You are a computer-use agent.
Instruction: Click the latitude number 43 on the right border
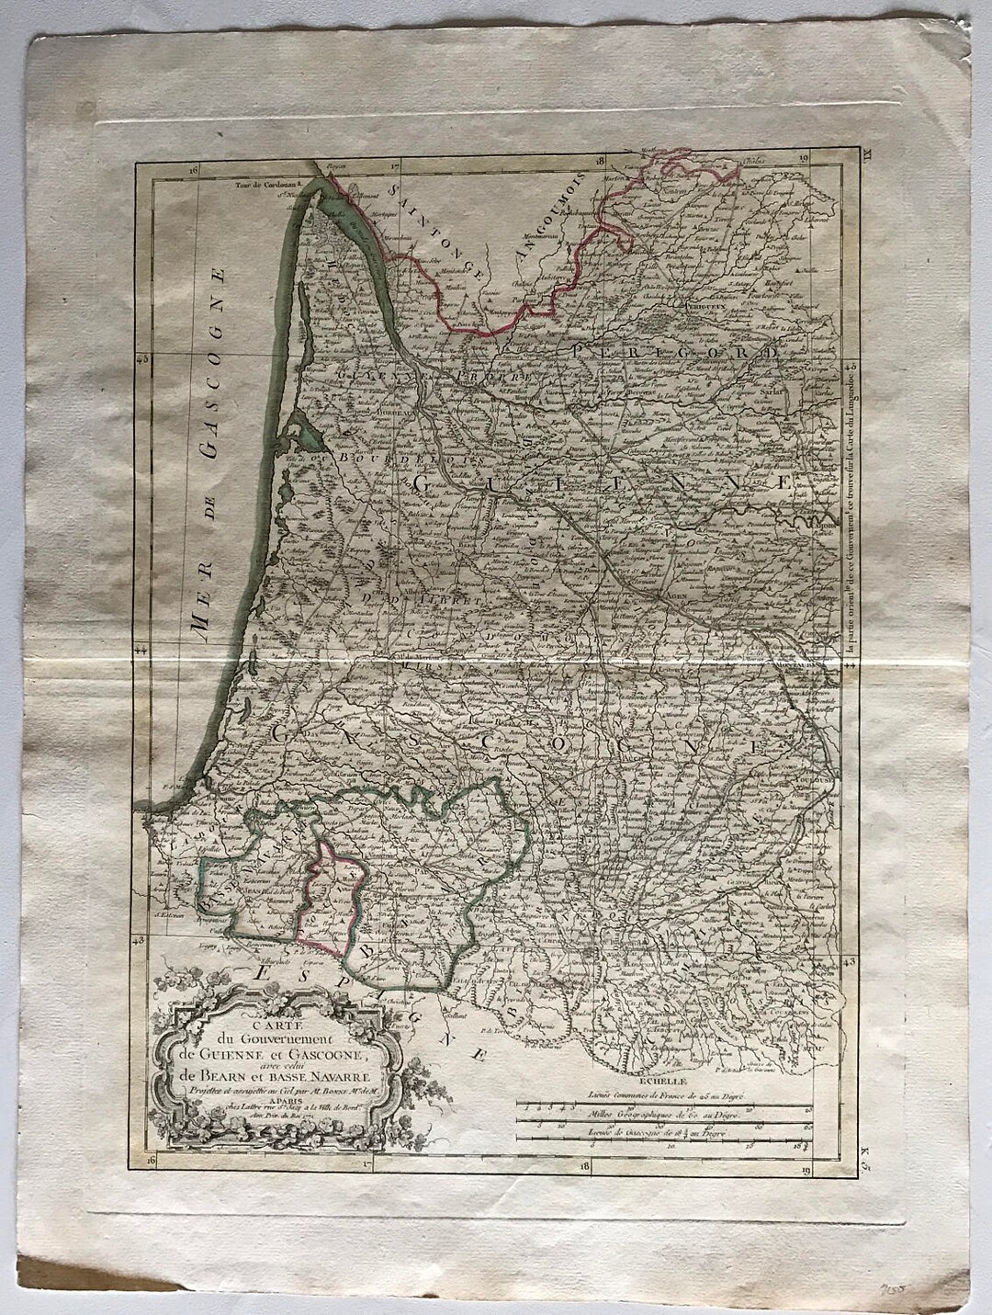click(x=848, y=960)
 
